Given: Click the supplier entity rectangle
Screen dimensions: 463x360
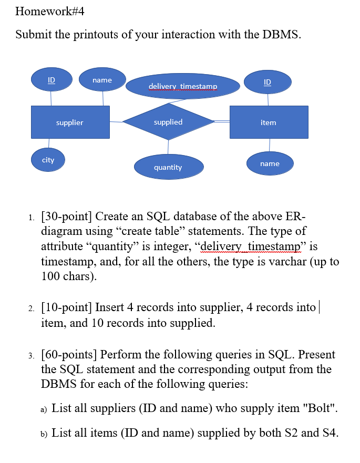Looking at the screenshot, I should pos(70,122).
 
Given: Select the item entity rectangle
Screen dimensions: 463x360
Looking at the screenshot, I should pos(269,122).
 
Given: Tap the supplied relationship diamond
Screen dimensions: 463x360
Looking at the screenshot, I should pos(168,122).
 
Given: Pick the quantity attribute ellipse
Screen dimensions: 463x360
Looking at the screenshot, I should pos(168,167).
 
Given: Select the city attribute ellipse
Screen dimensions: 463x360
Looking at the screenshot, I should pos(48,160).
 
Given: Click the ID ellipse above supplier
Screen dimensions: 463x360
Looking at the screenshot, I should pos(51,80).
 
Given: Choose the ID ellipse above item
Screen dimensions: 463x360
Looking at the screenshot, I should pos(268,82).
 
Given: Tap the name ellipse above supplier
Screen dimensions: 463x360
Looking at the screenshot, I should pos(102,80).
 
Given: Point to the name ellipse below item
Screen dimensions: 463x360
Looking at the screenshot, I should pos(270,163).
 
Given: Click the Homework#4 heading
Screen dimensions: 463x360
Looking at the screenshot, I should pos(50,11).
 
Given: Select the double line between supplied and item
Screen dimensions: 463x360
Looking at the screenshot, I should pos(222,121).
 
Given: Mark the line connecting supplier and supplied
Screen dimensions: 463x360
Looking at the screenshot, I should pos(116,122).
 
